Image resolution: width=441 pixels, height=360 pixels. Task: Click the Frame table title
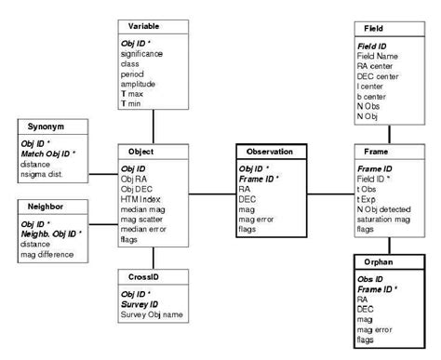click(x=374, y=151)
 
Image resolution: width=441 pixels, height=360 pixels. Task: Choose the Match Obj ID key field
click(x=51, y=153)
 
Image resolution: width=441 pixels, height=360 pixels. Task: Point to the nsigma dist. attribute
click(x=53, y=174)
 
